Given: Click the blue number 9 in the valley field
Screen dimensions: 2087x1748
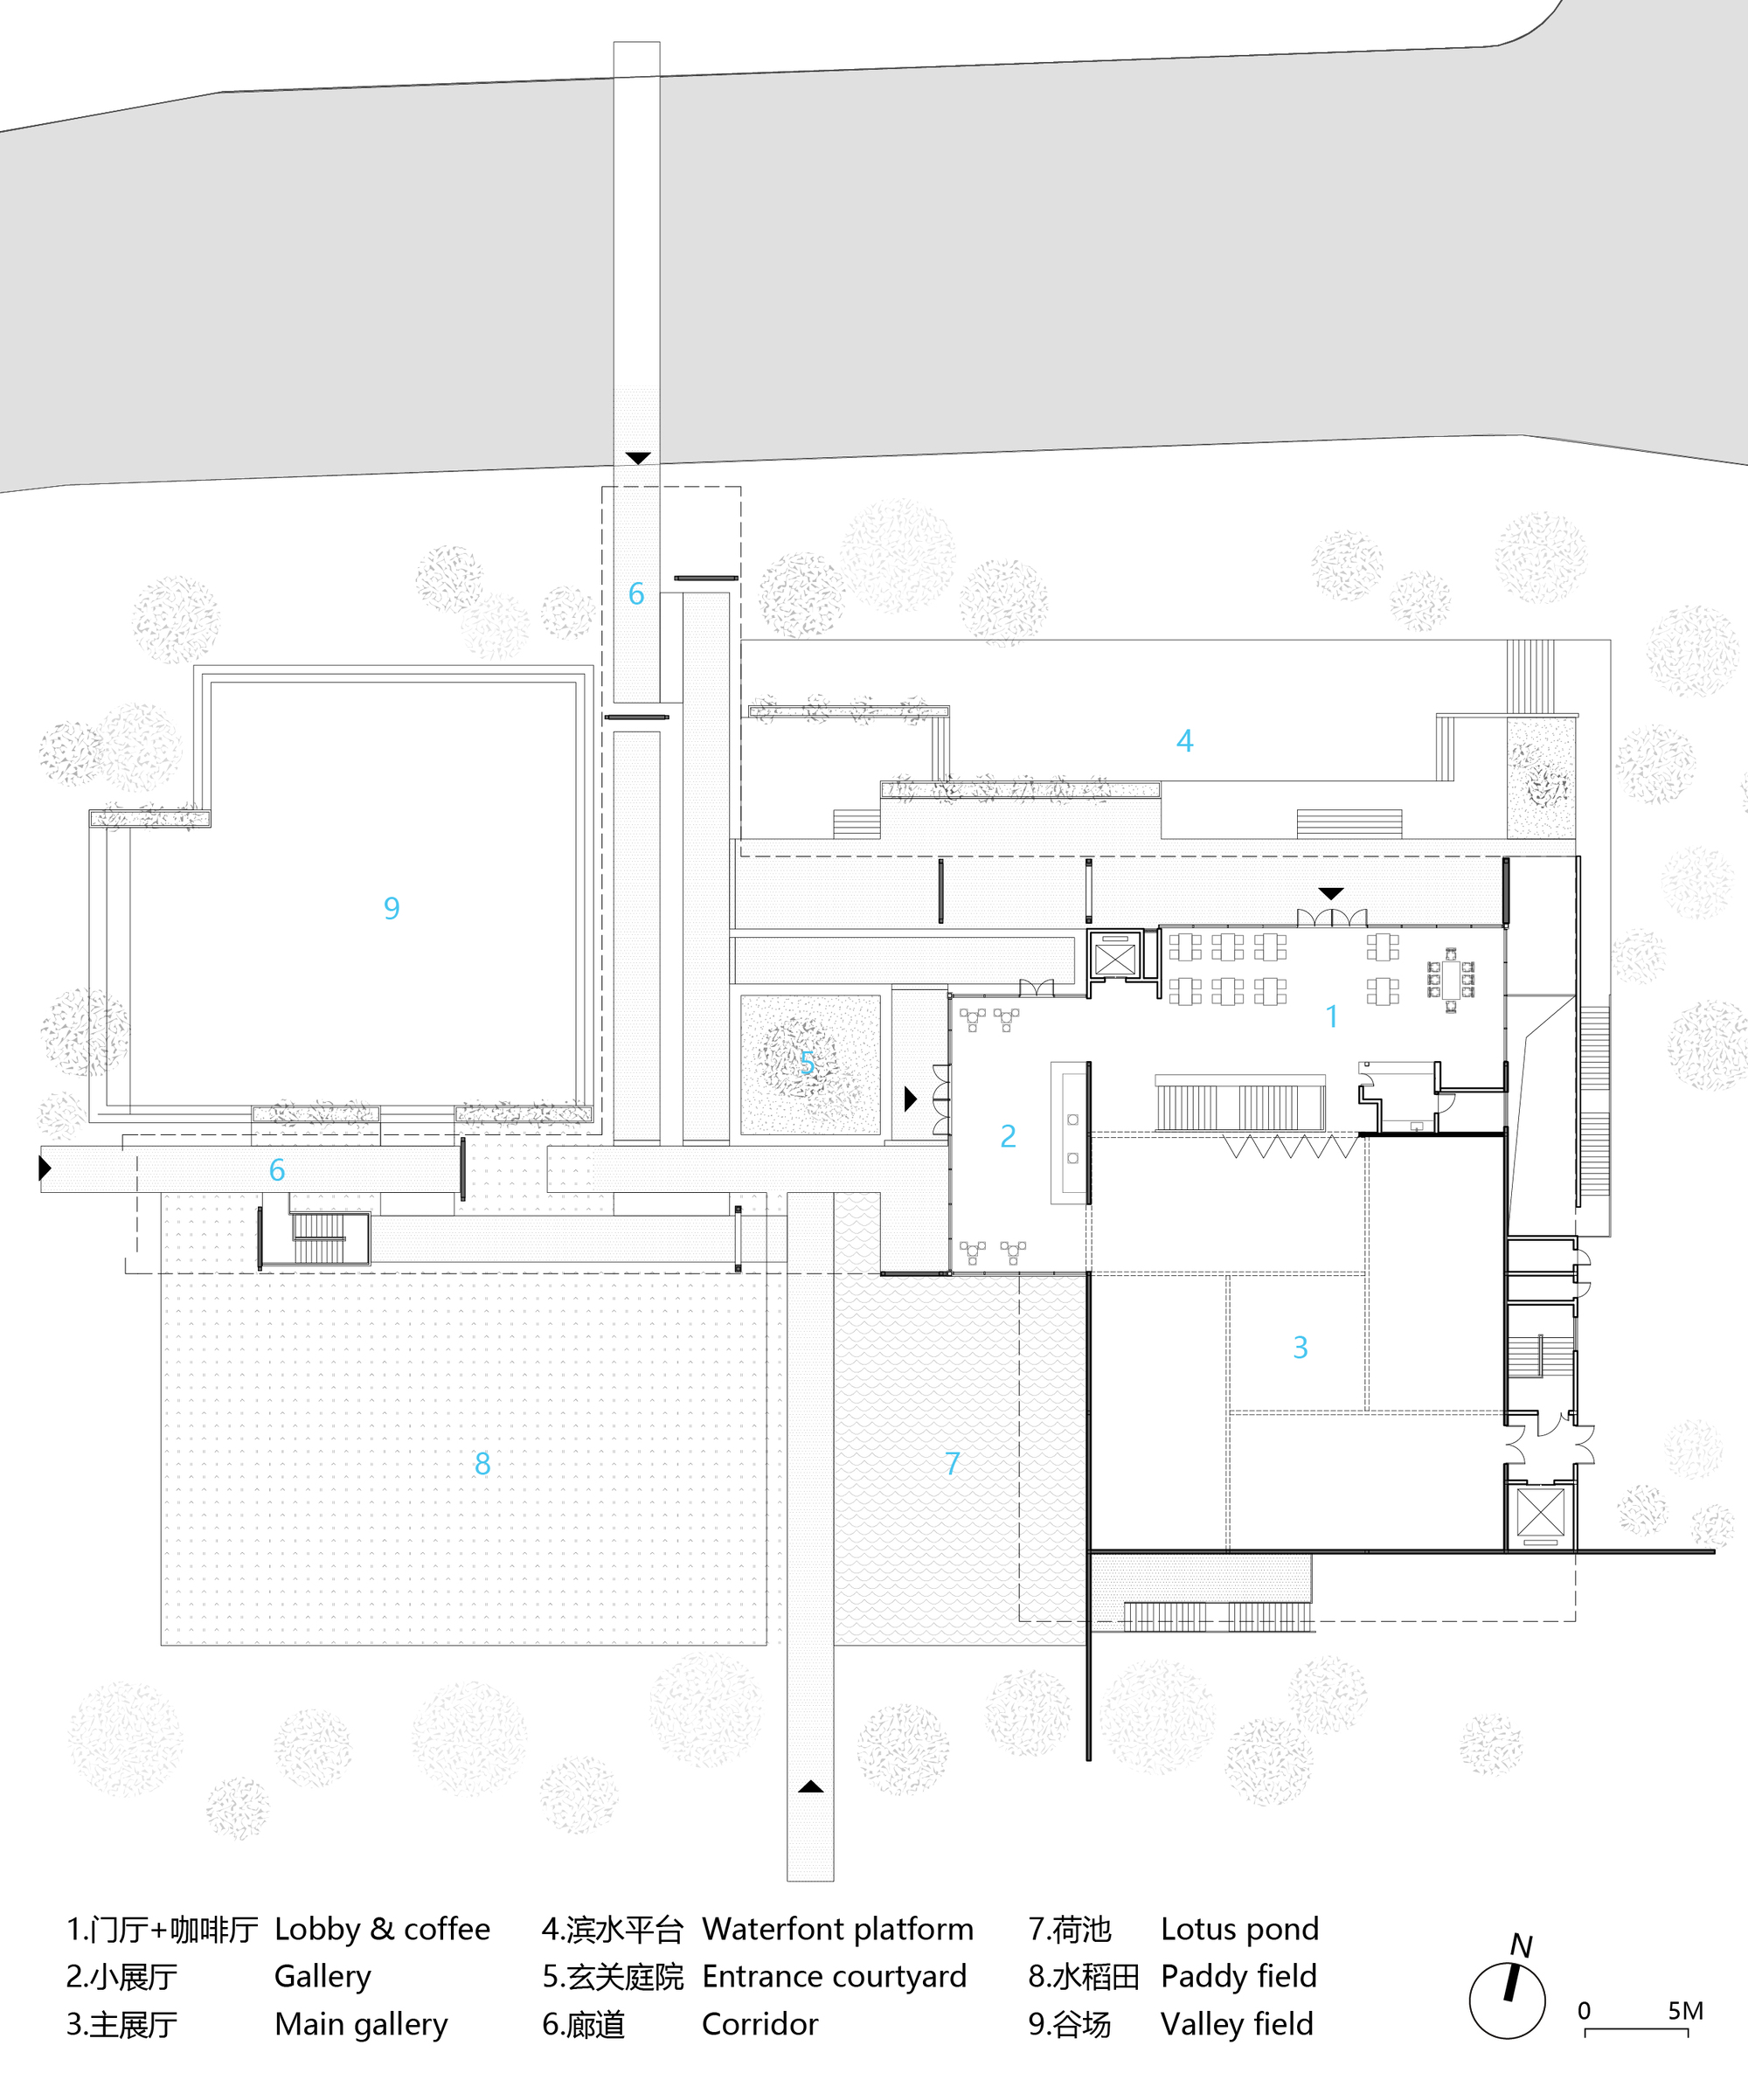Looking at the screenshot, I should click(392, 907).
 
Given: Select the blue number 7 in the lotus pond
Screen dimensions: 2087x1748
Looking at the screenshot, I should click(952, 1463).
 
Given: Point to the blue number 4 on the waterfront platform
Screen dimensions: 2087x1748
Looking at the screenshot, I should click(1184, 740).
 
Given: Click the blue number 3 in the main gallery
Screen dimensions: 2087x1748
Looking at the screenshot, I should click(1300, 1347).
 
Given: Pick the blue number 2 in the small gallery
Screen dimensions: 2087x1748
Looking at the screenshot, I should click(1008, 1135).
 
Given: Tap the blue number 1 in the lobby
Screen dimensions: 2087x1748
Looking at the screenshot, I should click(1332, 1016).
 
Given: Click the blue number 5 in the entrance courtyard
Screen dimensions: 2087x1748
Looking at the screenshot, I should click(808, 1063).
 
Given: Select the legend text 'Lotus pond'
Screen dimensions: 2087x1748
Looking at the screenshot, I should click(1239, 1929).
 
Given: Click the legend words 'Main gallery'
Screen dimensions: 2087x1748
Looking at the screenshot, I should click(361, 2024).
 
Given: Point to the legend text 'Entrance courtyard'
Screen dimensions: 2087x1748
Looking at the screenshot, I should click(834, 1977).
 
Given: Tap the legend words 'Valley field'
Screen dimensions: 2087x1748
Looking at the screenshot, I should click(1236, 2024).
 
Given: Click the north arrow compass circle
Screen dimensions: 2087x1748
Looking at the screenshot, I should click(1507, 2000).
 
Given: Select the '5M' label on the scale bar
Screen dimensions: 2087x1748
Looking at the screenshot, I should click(1685, 2010).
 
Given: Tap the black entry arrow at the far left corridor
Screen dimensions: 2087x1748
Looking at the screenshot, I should click(45, 1167).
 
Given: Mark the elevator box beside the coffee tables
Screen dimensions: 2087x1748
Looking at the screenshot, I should click(1114, 959).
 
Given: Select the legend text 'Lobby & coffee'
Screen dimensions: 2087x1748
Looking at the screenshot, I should click(382, 1929).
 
